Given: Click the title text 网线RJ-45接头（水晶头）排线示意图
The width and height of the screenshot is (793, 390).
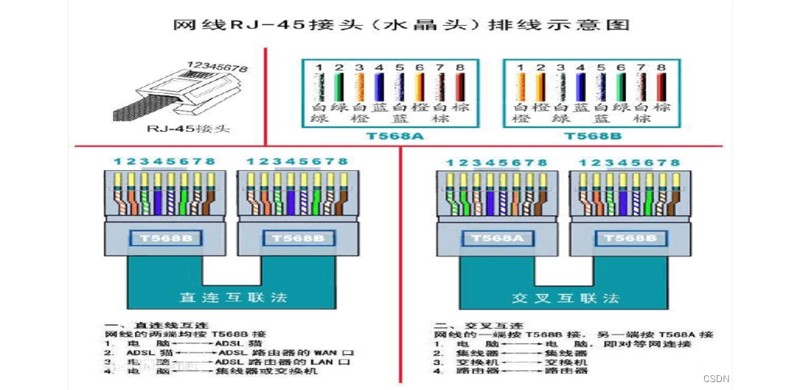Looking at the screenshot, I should point(401,24).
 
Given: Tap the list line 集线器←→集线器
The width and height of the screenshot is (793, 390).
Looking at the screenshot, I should point(507,353).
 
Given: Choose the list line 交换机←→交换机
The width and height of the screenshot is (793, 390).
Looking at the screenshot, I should point(507,363).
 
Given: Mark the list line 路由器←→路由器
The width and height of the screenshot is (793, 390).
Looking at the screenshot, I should point(507,372).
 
